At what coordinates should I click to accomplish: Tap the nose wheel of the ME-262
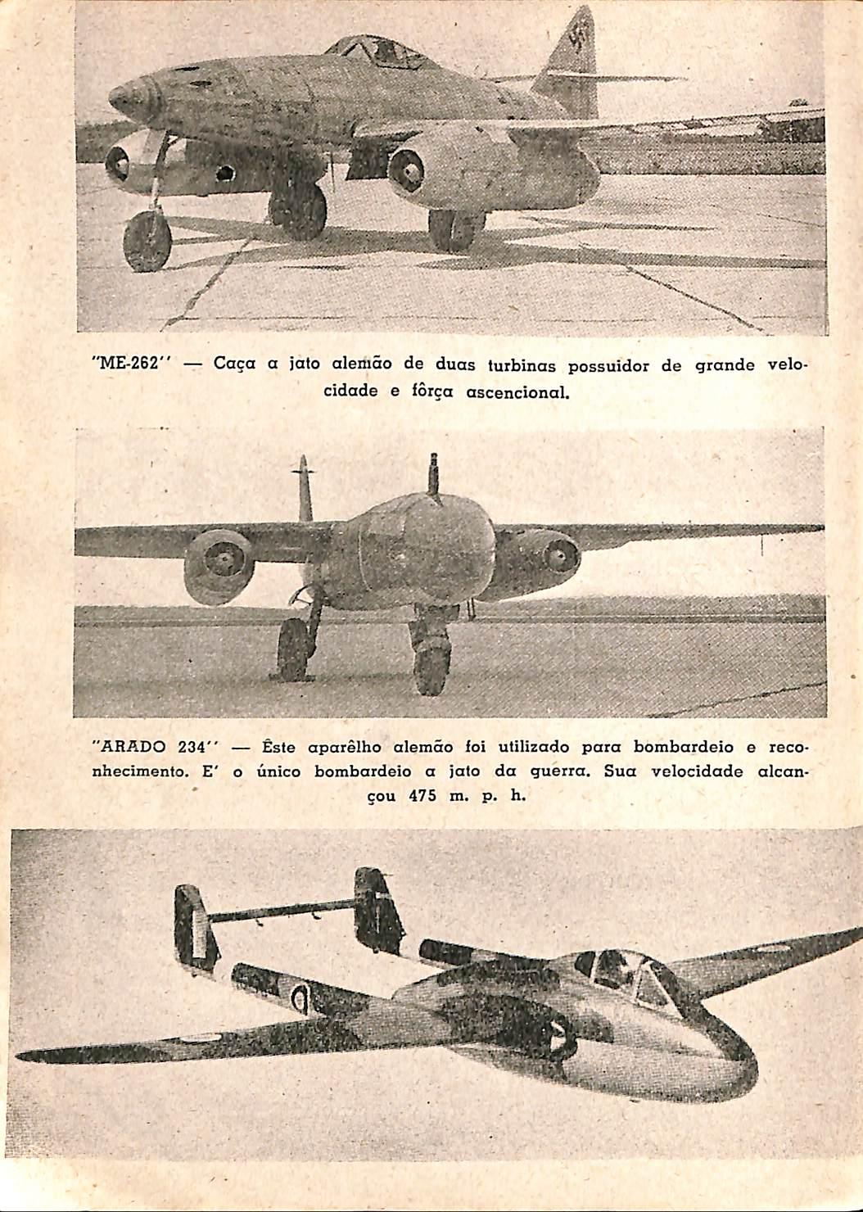pos(147,241)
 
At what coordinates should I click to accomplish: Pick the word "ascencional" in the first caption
pos(517,392)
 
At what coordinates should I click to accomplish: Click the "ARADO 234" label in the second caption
pos(156,747)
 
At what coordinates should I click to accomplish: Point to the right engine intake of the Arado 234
pos(560,555)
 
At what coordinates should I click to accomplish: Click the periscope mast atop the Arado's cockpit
pos(433,479)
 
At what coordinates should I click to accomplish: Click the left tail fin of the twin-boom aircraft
pos(196,925)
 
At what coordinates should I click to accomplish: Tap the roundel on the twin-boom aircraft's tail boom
pos(301,998)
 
